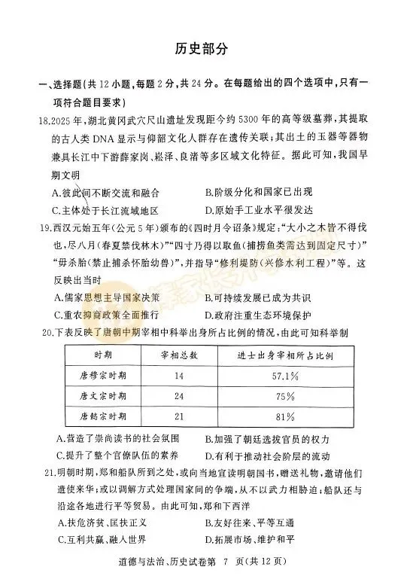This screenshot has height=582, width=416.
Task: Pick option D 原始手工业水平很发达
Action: click(x=257, y=211)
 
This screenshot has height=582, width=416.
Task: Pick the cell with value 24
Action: click(x=178, y=395)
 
